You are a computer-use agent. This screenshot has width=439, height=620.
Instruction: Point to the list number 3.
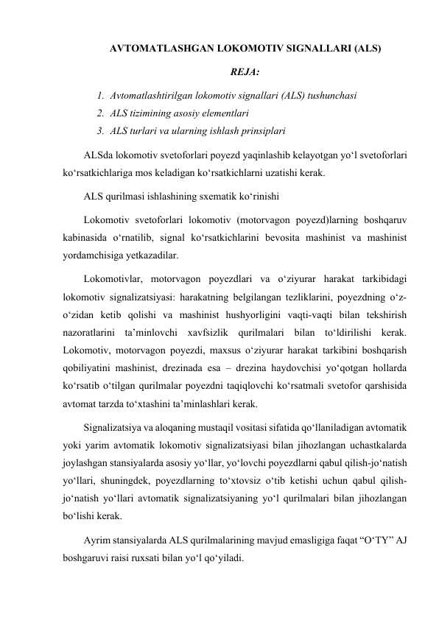tap(99, 132)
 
